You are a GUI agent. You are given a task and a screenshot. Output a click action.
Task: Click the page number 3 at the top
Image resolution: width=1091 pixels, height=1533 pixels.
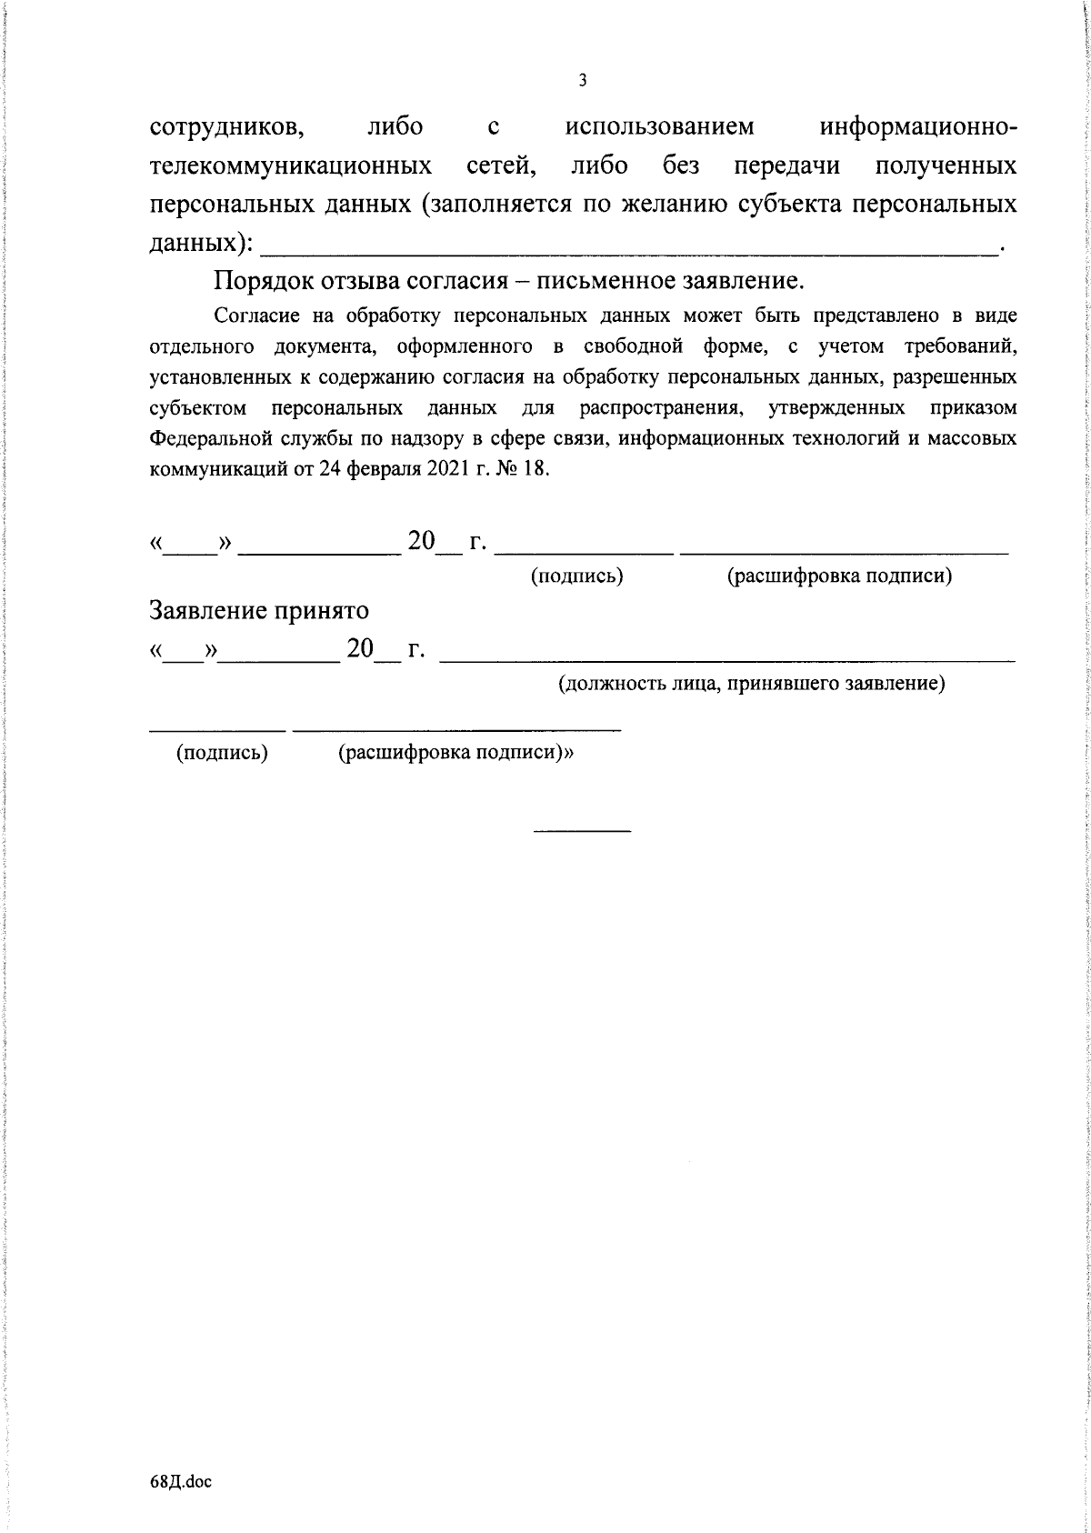[x=583, y=81]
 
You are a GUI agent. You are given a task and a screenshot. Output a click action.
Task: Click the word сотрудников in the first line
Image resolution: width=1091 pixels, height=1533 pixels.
[x=226, y=127]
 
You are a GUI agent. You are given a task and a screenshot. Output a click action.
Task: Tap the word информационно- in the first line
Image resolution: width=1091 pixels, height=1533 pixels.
[x=918, y=127]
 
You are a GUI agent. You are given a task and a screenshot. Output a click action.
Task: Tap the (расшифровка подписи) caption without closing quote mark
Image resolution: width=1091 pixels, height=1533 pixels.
[x=840, y=576]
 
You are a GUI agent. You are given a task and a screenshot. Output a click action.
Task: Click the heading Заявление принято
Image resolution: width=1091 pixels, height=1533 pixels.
[x=259, y=609]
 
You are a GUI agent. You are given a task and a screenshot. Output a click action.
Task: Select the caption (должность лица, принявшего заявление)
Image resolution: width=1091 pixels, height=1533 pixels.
[x=751, y=684]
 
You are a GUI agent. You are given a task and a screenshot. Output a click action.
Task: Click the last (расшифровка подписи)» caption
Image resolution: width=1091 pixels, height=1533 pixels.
[x=457, y=753]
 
